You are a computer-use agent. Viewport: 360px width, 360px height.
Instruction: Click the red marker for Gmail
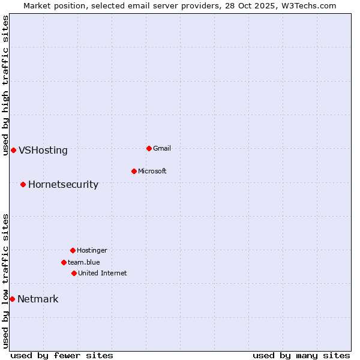click(149, 148)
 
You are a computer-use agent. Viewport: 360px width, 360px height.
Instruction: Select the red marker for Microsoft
click(134, 171)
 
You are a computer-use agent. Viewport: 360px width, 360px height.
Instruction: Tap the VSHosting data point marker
click(13, 150)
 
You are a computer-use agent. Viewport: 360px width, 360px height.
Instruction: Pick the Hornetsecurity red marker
click(23, 184)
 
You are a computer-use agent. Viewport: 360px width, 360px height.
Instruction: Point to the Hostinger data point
click(73, 250)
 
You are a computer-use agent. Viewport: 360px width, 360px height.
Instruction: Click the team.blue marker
click(64, 262)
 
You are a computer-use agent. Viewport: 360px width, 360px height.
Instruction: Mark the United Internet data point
click(74, 273)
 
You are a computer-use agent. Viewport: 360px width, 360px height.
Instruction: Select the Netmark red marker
click(12, 299)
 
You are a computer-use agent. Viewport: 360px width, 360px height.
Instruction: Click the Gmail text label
click(162, 148)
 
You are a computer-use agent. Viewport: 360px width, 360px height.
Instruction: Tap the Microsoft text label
click(152, 171)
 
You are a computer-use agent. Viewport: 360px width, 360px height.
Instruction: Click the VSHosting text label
click(43, 151)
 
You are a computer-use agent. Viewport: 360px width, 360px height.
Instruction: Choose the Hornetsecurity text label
click(63, 185)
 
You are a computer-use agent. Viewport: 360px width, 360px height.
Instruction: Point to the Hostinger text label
click(92, 250)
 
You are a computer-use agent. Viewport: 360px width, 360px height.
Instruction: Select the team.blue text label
click(84, 262)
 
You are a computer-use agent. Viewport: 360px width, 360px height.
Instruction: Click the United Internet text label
click(103, 273)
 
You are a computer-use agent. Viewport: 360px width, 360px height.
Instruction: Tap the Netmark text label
click(38, 299)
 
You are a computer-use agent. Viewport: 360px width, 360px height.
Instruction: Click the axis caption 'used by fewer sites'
click(62, 355)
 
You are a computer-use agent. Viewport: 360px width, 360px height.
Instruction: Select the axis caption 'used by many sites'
click(301, 355)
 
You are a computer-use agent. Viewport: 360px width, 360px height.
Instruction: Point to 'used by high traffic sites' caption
click(5, 85)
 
